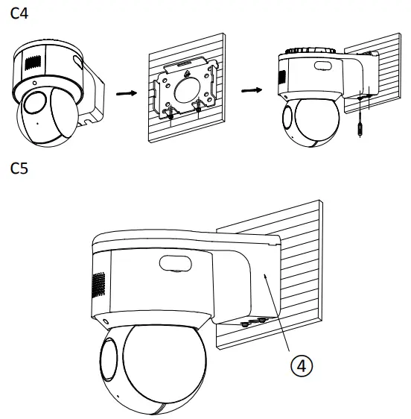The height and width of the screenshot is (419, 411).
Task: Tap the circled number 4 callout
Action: click(x=301, y=365)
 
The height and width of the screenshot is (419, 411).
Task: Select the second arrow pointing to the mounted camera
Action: click(x=252, y=90)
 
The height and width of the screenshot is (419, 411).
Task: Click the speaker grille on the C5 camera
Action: click(x=96, y=283)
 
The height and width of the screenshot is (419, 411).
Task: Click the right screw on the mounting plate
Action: click(x=199, y=107)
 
